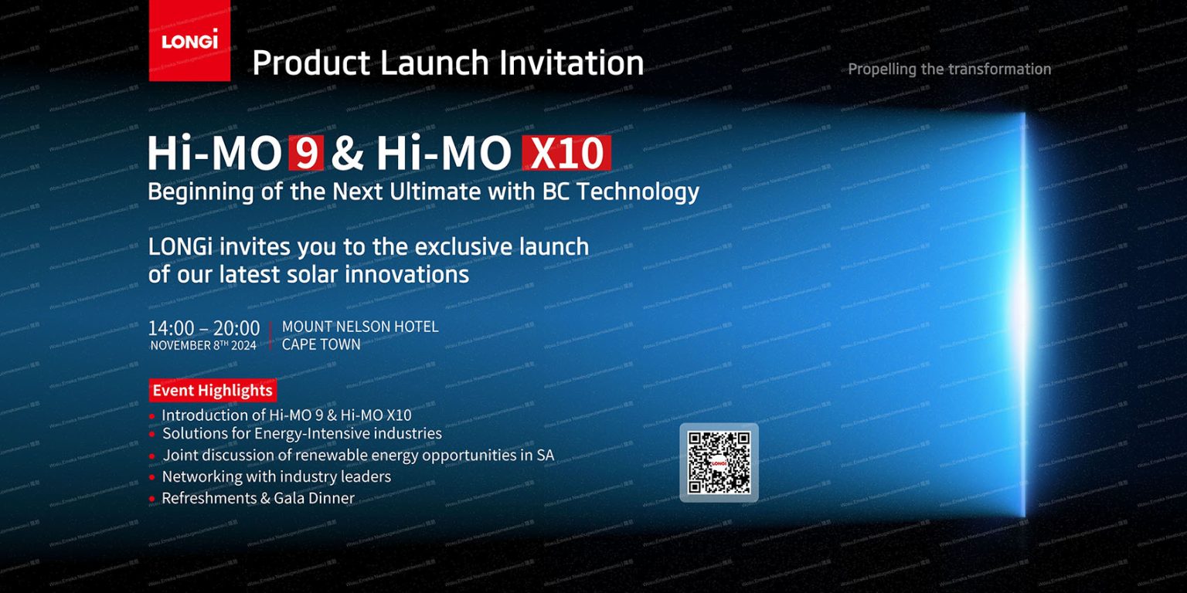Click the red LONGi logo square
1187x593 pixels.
(x=189, y=40)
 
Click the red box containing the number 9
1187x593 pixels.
(x=306, y=154)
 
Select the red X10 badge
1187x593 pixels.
(x=566, y=154)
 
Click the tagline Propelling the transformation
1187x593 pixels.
(x=949, y=69)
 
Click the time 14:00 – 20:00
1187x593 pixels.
(x=204, y=328)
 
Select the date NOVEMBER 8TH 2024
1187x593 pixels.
(x=203, y=346)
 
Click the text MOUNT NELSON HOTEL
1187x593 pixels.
(x=360, y=327)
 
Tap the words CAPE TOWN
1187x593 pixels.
(x=321, y=344)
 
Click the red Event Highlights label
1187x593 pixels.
(x=212, y=391)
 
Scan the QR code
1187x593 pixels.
(x=719, y=463)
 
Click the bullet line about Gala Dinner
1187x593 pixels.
(x=257, y=498)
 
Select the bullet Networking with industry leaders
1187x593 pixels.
(x=276, y=476)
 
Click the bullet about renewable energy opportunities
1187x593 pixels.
(x=358, y=455)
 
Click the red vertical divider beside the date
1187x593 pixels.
(x=270, y=336)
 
